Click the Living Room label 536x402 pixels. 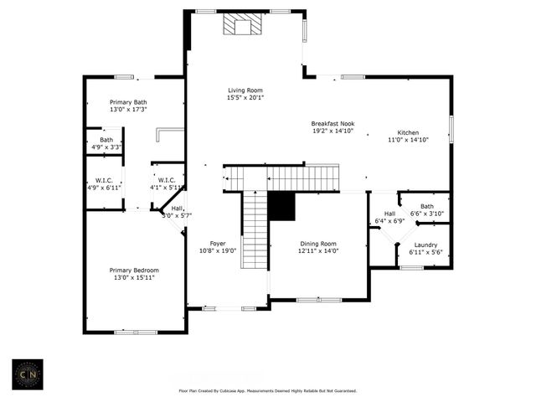(245, 90)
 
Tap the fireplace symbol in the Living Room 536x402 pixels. (241, 27)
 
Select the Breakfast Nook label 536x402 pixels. (333, 123)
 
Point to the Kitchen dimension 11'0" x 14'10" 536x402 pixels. (408, 140)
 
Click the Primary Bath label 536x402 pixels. (128, 102)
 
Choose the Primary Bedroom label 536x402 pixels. (134, 271)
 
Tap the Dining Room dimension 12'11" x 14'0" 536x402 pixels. (317, 250)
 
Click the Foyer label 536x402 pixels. (218, 243)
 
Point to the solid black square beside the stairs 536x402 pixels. (283, 205)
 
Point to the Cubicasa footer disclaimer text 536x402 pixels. (267, 391)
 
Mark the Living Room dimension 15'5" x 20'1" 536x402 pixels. (245, 97)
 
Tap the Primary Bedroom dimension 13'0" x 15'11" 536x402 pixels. (134, 278)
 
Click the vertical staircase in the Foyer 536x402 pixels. (253, 230)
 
